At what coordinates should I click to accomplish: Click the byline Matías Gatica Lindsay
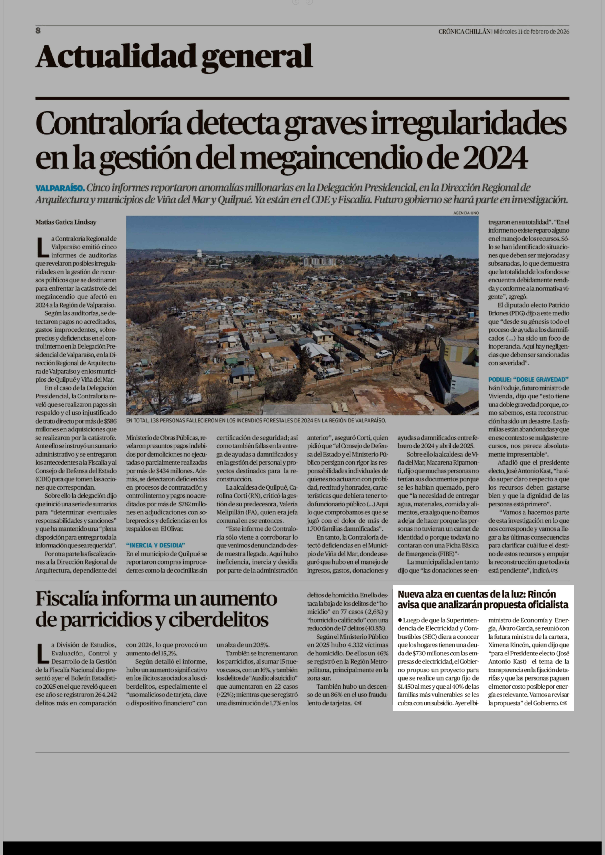(x=66, y=222)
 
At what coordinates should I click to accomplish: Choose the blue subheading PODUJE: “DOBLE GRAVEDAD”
(x=528, y=379)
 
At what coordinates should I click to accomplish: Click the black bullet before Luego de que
(x=400, y=620)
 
